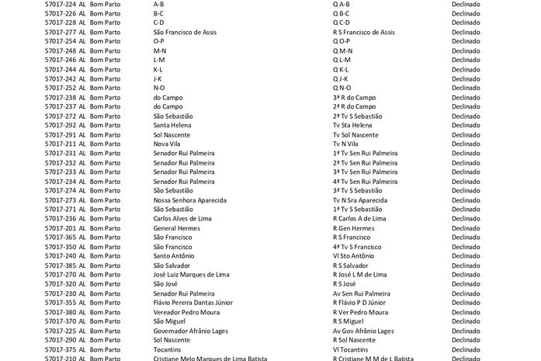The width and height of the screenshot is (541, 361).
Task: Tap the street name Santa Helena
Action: coord(174,125)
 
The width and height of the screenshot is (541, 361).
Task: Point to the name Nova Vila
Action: coord(168,144)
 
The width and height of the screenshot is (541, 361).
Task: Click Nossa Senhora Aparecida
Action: coord(189,200)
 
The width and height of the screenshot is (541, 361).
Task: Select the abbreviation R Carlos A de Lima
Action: coord(359,218)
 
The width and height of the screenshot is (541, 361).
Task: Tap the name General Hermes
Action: coord(177,227)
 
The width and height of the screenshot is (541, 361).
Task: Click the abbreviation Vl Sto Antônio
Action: coord(353,255)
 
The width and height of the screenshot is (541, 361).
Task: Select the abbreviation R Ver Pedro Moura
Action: coord(360,311)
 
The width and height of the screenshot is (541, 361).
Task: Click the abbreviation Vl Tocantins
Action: coord(350,349)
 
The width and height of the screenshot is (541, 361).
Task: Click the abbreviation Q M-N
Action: coord(342,50)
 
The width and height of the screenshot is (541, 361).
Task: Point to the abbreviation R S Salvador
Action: coord(350,265)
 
